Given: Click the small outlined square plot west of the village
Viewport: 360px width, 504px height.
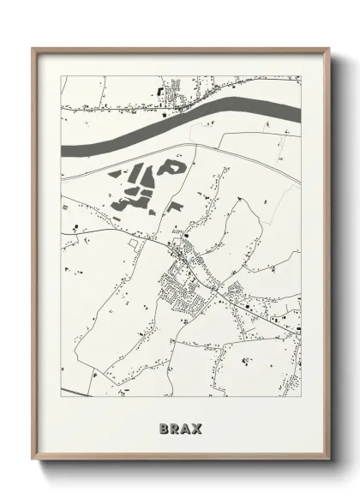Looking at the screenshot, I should tap(133, 243).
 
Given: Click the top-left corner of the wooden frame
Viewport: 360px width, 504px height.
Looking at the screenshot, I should tap(34, 50).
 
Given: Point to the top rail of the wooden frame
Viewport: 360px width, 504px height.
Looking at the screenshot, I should tap(180, 50).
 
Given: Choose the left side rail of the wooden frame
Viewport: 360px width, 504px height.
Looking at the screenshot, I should tap(34, 257).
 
